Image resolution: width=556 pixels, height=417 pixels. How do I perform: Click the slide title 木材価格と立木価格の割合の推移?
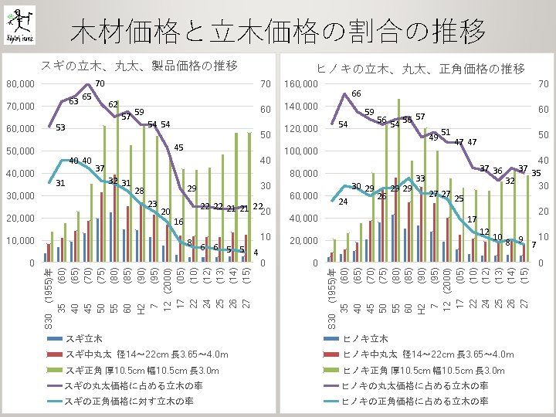point(277,32)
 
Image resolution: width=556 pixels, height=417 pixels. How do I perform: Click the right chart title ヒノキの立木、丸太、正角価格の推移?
point(421,69)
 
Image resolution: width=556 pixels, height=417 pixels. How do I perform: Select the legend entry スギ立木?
point(83,338)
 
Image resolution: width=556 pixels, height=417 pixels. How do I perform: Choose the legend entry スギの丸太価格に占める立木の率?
point(133,385)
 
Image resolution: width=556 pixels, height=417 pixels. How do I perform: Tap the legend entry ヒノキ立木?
point(363,338)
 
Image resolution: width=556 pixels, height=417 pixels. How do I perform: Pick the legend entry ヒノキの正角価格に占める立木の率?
point(415,401)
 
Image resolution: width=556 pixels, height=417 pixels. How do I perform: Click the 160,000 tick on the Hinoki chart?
point(301,83)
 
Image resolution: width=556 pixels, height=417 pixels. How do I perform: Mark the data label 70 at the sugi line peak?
point(100,83)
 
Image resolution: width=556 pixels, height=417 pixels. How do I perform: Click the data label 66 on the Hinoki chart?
point(356,93)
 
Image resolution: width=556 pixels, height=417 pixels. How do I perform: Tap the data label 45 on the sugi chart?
point(178,147)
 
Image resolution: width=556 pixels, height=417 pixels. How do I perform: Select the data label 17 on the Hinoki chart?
point(472,219)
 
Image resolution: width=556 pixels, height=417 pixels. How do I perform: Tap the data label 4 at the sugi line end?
point(256,253)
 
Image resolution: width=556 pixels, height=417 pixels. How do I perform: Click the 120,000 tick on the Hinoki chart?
point(301,128)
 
